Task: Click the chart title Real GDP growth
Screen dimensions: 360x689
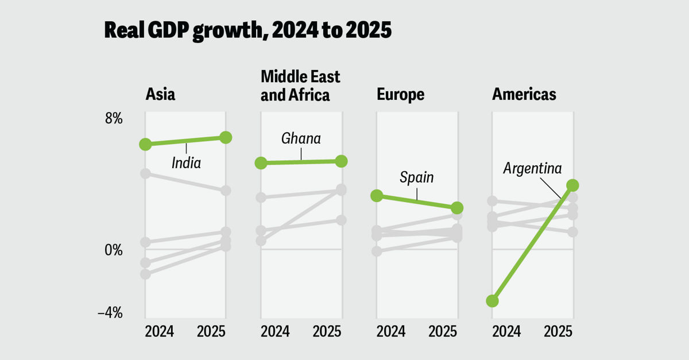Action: click(x=247, y=30)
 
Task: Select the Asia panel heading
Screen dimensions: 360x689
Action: click(x=160, y=94)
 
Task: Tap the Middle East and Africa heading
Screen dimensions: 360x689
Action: click(x=300, y=86)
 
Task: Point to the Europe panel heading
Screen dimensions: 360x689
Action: click(x=400, y=94)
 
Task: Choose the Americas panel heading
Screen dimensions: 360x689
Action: click(x=524, y=94)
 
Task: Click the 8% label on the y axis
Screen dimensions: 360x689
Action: click(x=113, y=119)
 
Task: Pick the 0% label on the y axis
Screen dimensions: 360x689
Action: click(x=113, y=250)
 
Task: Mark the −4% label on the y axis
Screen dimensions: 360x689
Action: click(x=110, y=313)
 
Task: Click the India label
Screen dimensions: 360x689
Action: click(x=186, y=162)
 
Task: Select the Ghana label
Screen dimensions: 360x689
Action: click(x=301, y=138)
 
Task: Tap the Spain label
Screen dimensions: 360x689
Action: click(x=417, y=177)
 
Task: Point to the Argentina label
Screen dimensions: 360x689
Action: click(x=532, y=169)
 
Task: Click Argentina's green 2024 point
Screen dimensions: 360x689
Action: click(x=492, y=301)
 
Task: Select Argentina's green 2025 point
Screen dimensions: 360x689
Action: click(x=572, y=185)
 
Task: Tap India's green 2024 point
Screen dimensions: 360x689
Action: click(x=145, y=144)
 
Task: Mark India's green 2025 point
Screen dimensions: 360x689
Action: click(x=226, y=137)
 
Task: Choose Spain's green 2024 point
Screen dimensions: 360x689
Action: click(x=377, y=196)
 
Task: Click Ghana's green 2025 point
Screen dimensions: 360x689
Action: click(x=341, y=161)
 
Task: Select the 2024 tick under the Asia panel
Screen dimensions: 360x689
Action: click(x=159, y=331)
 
